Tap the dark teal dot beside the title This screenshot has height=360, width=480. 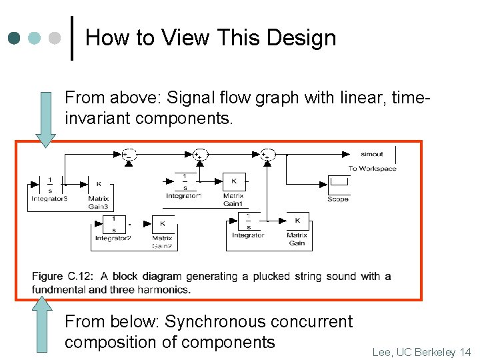[15, 38]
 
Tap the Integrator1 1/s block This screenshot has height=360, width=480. [185, 181]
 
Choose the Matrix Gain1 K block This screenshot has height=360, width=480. [233, 181]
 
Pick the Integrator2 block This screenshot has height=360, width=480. [114, 224]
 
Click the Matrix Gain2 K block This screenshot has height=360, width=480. [162, 224]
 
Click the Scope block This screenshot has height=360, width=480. [338, 183]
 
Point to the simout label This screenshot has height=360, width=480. [371, 154]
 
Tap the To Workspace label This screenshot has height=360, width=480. [372, 168]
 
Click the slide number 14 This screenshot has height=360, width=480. [465, 351]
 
